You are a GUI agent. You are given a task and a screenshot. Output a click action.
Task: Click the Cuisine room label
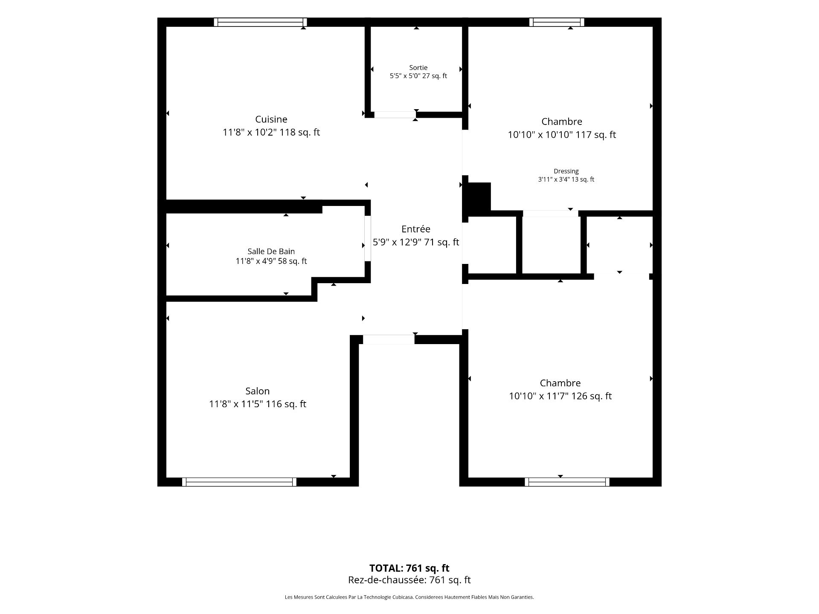(x=271, y=119)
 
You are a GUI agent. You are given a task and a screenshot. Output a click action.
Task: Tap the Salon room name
(x=257, y=391)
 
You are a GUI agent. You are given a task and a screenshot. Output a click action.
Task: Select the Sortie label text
(x=418, y=67)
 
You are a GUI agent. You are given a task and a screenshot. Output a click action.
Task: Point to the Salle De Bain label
(x=271, y=252)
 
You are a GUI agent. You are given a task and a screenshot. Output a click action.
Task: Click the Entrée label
(x=415, y=229)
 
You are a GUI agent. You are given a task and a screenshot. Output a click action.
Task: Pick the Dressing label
(x=566, y=171)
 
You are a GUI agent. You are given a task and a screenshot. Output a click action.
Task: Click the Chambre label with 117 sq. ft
(x=562, y=122)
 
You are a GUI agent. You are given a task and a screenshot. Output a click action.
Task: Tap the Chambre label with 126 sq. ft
(x=560, y=383)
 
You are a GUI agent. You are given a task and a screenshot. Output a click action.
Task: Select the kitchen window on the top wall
(x=260, y=22)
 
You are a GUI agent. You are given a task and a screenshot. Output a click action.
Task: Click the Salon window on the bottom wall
(x=239, y=482)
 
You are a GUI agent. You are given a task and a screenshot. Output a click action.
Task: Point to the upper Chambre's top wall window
(x=557, y=22)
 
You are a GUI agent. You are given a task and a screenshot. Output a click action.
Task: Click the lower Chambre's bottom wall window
(x=567, y=482)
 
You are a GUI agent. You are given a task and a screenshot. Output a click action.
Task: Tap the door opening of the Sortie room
(x=395, y=115)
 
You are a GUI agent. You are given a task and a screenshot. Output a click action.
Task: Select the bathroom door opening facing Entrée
(x=367, y=238)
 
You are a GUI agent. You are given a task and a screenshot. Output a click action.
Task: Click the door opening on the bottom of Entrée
(x=389, y=339)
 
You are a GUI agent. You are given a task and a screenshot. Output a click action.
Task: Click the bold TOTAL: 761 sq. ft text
(x=409, y=568)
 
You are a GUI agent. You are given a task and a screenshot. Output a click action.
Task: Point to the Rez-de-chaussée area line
(x=409, y=580)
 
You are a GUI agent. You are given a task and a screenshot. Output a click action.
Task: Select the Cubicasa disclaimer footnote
(x=409, y=597)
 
